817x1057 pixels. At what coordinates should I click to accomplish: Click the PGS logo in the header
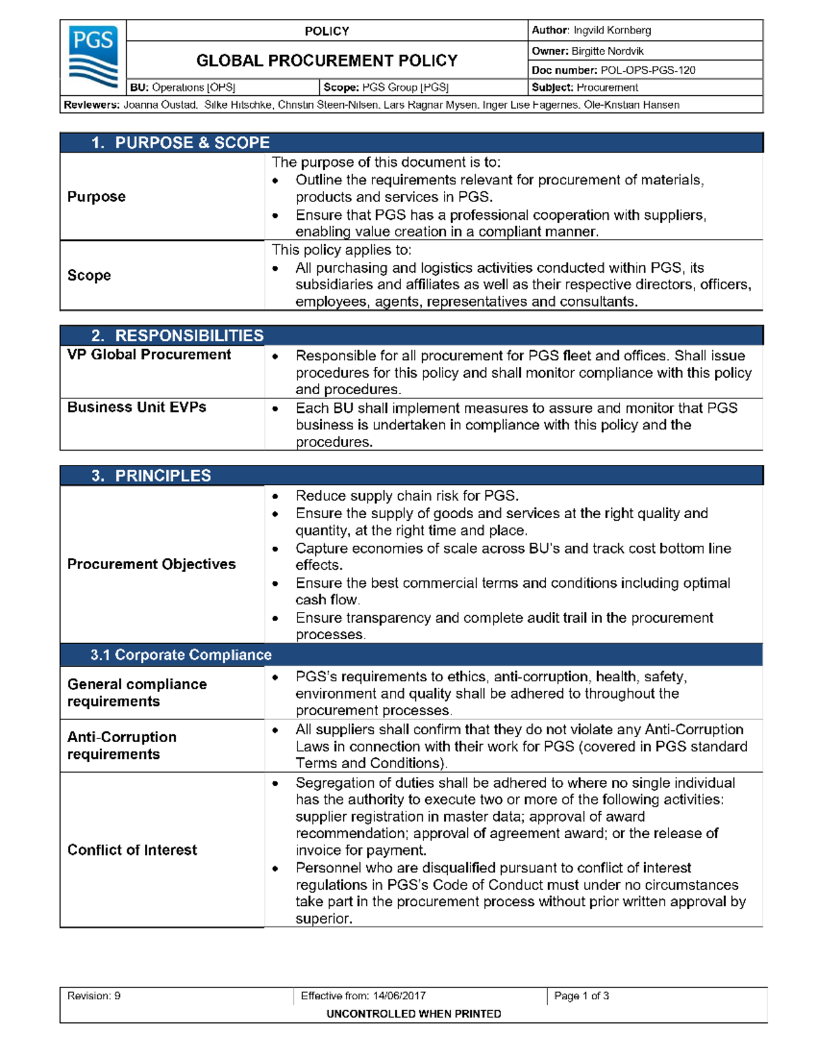93,57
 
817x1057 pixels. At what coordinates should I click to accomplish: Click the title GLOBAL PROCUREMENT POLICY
327,61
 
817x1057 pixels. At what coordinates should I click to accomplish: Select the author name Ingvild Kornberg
611,31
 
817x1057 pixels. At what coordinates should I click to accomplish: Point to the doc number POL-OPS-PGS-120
647,70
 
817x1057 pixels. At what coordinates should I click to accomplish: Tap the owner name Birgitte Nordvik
607,51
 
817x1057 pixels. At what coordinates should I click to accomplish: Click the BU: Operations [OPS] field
182,88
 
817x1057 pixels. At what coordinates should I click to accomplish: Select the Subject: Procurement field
585,88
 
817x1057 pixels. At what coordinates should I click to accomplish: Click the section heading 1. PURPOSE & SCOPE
180,143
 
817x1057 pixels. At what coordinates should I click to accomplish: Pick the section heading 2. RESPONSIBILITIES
177,336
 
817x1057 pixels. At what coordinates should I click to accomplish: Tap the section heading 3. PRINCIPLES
151,476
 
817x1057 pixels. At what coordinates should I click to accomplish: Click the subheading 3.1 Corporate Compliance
180,655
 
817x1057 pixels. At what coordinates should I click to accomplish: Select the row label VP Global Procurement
149,355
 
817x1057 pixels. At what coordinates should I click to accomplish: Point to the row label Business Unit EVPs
137,407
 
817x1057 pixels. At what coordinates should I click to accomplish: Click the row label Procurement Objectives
151,564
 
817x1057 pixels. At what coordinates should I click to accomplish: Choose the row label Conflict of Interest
132,850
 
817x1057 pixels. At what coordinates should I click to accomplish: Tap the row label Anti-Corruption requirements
122,745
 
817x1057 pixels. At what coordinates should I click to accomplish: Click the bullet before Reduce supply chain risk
275,497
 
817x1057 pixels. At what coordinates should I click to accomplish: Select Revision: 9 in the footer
94,996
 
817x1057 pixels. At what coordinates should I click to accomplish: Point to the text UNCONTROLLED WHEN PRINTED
413,1013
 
